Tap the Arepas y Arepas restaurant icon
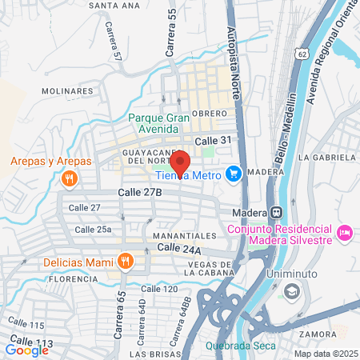tap(70, 178)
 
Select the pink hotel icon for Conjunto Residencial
tap(345, 232)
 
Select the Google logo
tap(27, 349)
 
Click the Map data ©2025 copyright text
tap(325, 354)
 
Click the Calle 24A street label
tap(179, 249)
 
